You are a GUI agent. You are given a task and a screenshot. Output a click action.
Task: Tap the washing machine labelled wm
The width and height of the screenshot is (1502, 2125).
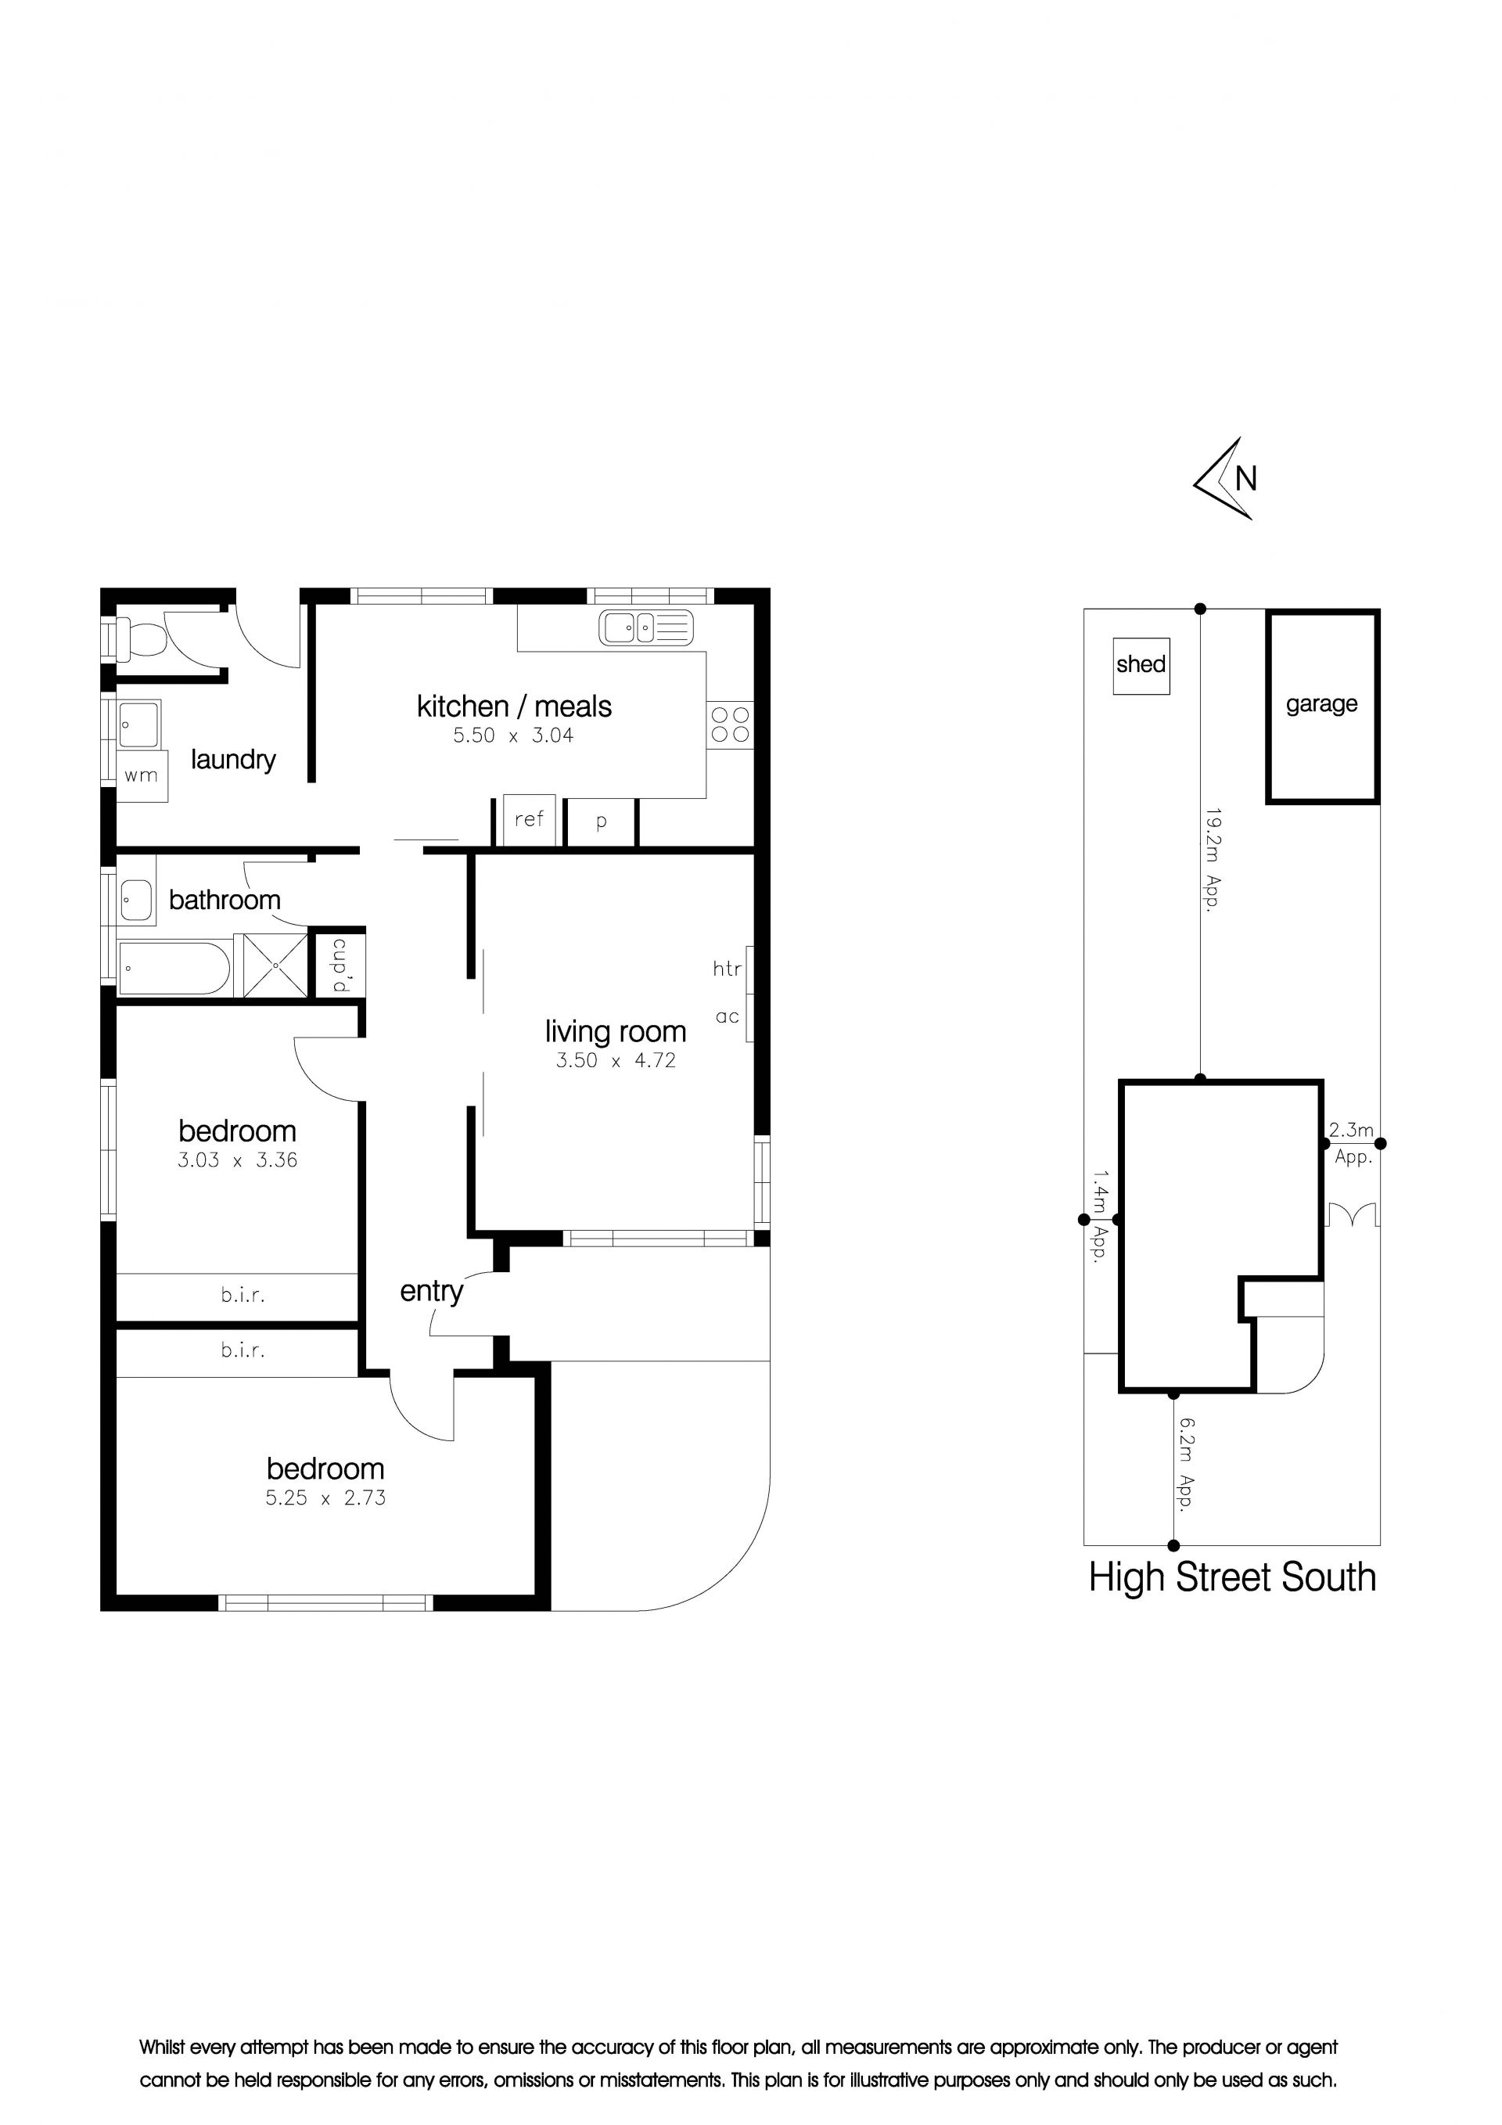coord(142,775)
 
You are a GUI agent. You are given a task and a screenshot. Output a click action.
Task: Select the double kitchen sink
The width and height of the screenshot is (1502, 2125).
coord(645,627)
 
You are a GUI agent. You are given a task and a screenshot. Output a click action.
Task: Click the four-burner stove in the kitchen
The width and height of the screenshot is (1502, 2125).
coord(730,725)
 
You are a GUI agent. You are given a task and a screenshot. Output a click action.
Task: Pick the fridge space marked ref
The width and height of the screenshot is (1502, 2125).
coord(530,819)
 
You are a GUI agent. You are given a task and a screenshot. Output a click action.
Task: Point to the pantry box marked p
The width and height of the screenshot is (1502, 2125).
coord(602,822)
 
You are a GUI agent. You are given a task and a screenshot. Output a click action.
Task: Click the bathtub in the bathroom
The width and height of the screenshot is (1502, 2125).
coord(174,968)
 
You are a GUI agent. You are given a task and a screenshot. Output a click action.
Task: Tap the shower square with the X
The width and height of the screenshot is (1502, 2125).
coord(275,965)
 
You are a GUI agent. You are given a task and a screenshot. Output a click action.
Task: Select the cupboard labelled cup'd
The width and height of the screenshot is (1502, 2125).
coord(340,965)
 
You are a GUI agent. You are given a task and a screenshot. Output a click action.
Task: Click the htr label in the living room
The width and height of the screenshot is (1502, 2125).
coord(728,969)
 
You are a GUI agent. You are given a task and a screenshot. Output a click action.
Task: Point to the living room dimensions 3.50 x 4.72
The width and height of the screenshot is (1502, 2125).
coord(616,1061)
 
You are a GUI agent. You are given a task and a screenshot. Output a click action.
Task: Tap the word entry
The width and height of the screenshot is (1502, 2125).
coord(431,1291)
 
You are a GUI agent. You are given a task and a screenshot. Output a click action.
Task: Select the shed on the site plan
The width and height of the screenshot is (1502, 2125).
coord(1141,666)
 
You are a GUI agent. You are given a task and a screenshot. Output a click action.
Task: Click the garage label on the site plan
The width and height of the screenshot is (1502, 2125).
coord(1321,704)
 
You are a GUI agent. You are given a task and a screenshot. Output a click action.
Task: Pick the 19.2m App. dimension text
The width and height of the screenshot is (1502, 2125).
coord(1213,861)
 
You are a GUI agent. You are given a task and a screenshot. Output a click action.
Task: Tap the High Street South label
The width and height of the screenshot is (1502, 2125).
coord(1232,1577)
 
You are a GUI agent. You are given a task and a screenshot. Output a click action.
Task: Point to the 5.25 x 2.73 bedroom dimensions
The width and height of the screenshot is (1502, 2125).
coord(325,1498)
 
